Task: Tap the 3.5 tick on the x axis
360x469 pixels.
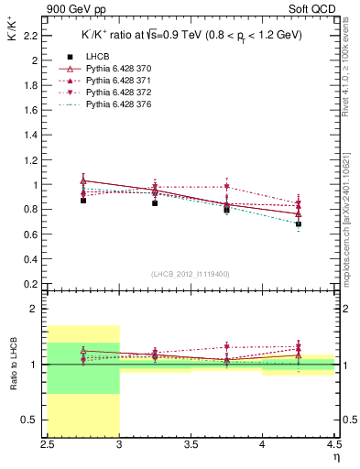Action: tap(191, 447)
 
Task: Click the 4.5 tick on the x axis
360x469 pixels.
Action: tap(334, 447)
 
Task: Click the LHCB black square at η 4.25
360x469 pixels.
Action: tap(299, 224)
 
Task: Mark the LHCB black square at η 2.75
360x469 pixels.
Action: tap(83, 200)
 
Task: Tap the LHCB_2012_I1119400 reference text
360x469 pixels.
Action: tap(191, 274)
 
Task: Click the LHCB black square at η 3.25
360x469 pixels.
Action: tap(155, 202)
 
